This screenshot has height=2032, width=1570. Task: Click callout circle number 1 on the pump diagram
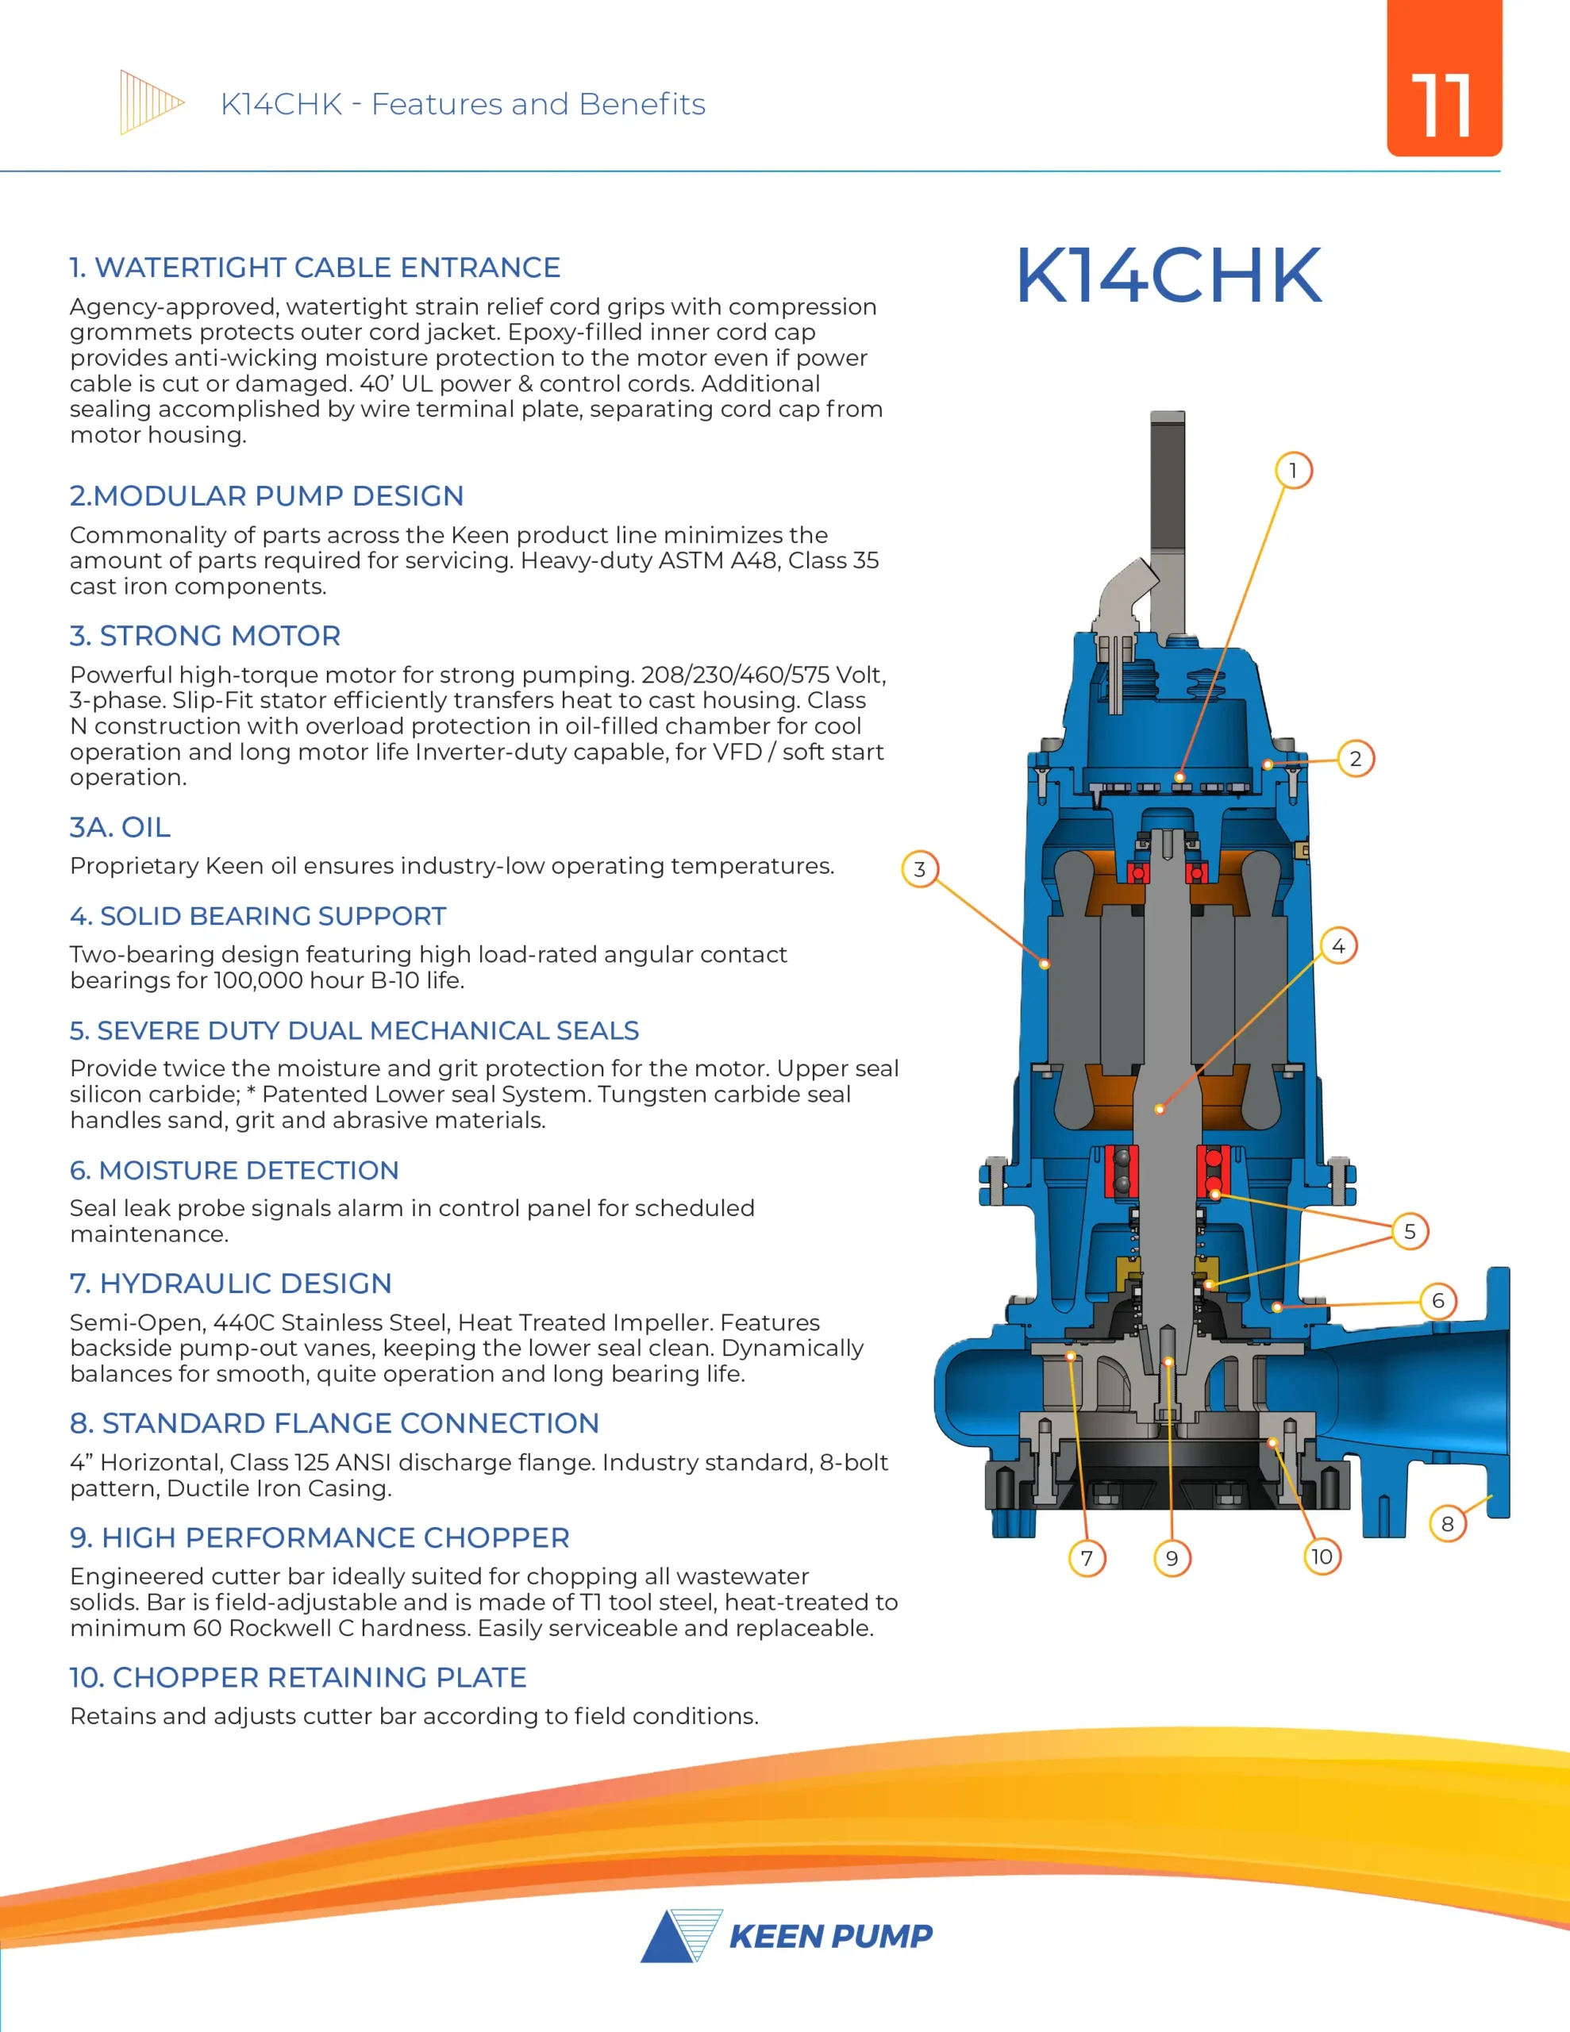click(1293, 471)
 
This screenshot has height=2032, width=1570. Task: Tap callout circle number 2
click(1355, 759)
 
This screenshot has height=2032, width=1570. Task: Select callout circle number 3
click(919, 869)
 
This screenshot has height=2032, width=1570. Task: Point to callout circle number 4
click(1338, 946)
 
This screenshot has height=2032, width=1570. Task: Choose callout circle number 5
click(1410, 1232)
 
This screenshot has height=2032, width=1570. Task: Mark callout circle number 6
click(1438, 1301)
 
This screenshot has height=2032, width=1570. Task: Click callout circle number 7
click(1086, 1558)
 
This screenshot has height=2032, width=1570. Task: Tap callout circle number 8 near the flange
click(1447, 1524)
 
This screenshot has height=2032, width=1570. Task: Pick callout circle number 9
click(1172, 1558)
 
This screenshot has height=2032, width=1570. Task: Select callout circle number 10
click(1322, 1557)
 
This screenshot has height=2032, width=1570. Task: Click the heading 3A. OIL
click(120, 827)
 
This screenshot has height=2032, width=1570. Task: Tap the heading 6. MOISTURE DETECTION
click(233, 1171)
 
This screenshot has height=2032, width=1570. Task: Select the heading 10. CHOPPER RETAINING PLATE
click(298, 1677)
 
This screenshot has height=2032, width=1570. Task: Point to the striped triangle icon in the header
click(149, 102)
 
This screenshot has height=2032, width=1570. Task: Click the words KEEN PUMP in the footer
click(830, 1936)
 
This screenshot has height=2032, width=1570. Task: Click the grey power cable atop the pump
click(1167, 502)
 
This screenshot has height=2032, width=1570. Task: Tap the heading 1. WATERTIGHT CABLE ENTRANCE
click(314, 268)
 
